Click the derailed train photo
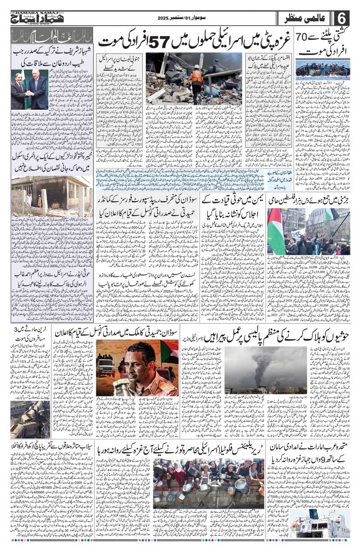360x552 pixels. click(29, 418)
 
